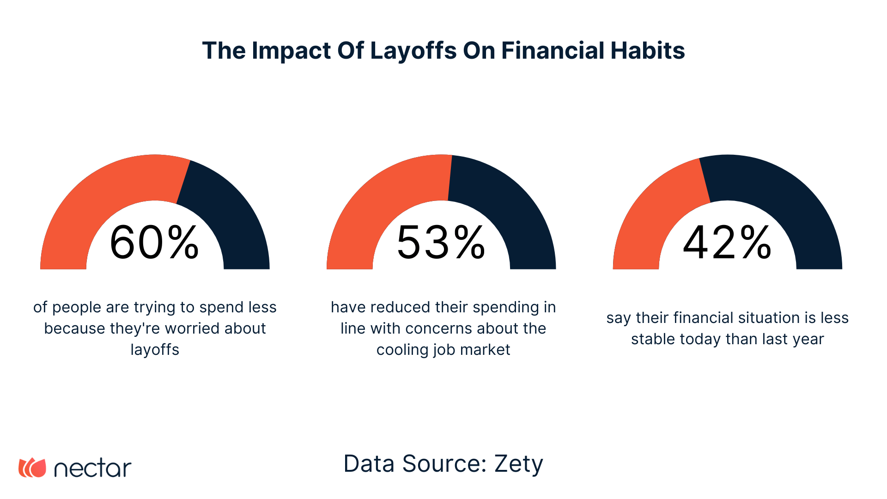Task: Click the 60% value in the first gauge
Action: coord(154,243)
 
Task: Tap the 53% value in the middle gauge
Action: coord(441,243)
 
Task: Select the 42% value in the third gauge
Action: coord(727,243)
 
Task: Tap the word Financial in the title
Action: coord(553,51)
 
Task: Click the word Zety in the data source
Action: coord(518,464)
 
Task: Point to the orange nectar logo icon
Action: coord(32,468)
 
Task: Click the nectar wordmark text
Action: coord(93,469)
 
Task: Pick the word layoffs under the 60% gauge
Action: coord(155,350)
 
